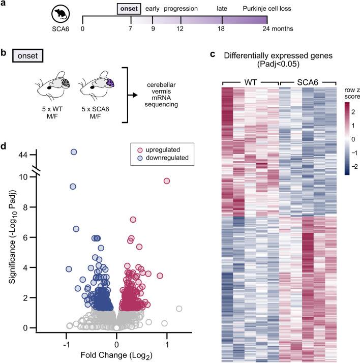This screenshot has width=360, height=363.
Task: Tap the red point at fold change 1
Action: [166, 181]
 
